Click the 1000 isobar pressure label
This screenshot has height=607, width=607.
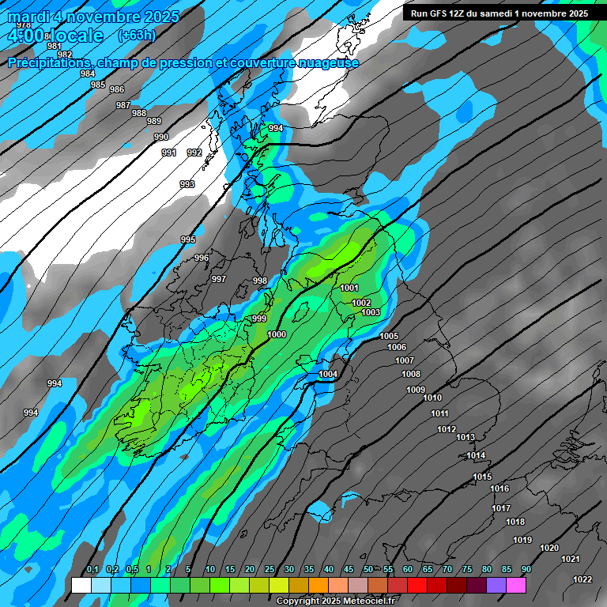click(277, 334)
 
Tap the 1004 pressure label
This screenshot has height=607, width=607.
click(328, 374)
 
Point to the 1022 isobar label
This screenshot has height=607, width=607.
click(582, 579)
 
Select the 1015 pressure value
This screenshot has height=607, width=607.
click(482, 477)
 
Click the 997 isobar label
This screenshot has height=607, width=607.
click(219, 279)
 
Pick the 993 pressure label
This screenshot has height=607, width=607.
click(187, 184)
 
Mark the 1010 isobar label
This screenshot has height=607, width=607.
click(432, 398)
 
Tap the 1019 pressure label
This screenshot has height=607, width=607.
click(522, 541)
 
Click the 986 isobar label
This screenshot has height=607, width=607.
click(117, 89)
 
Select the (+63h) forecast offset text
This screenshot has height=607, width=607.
click(137, 35)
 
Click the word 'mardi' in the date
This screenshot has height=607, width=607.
click(29, 16)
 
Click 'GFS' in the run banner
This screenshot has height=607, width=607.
click(440, 13)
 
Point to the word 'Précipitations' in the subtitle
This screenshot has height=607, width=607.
click(50, 63)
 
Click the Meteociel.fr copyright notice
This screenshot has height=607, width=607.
click(335, 601)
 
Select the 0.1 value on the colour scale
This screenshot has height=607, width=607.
click(92, 570)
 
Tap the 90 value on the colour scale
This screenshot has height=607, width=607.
click(526, 570)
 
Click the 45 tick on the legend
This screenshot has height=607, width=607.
click(348, 570)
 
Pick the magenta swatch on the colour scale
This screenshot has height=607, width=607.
click(516, 585)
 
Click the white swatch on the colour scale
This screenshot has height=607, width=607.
click(81, 585)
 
